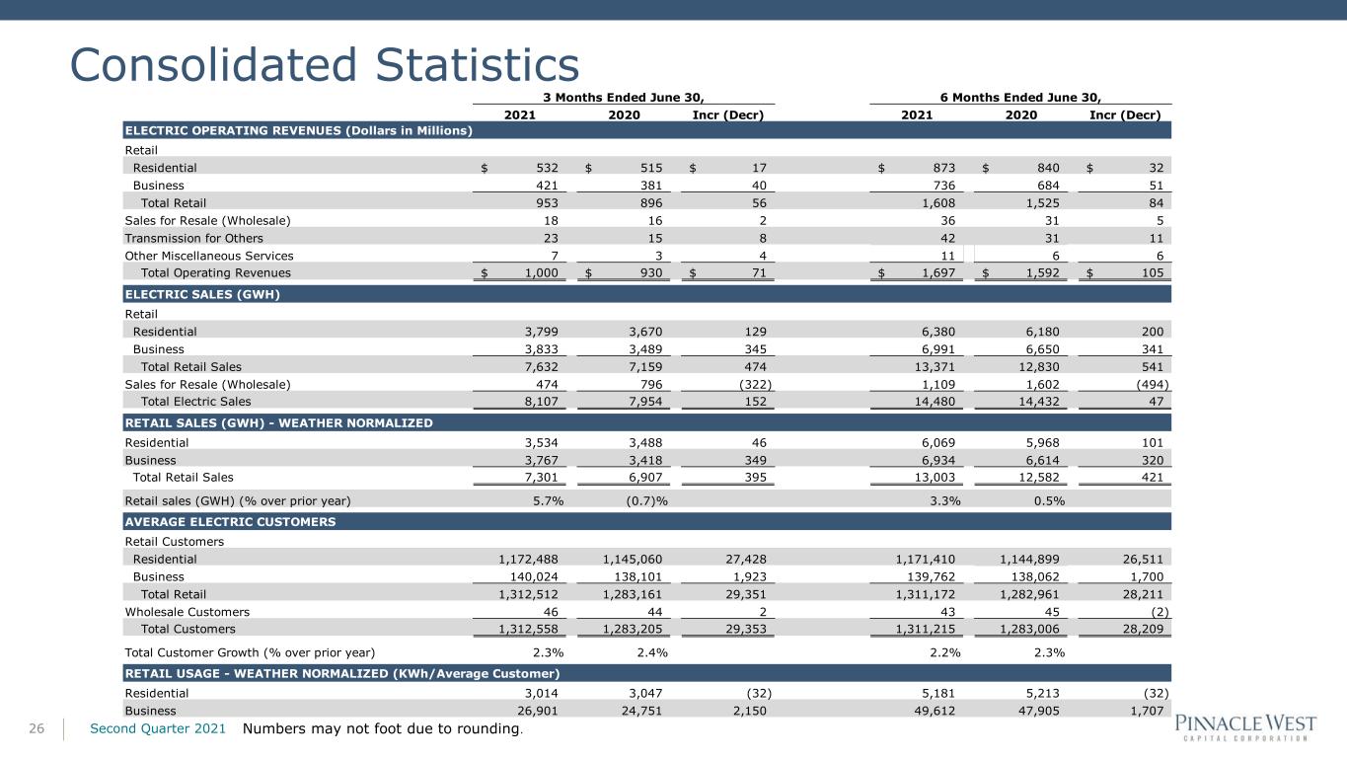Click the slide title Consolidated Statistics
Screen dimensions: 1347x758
325,64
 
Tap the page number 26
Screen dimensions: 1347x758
37,728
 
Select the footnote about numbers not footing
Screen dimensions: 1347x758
383,728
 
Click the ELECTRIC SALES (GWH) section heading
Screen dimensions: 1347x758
202,294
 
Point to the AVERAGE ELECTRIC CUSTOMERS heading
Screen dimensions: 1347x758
230,521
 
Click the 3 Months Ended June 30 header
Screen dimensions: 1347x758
624,98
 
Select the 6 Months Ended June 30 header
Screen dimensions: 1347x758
1020,98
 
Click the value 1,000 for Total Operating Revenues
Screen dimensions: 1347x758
541,273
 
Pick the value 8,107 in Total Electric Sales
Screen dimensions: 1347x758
541,402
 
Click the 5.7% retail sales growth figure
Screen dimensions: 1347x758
548,500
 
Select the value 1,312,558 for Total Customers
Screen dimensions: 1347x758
528,629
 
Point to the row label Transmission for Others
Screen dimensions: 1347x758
193,238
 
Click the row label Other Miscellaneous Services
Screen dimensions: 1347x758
209,256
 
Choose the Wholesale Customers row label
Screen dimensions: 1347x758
187,612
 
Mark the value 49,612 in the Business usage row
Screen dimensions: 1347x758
935,711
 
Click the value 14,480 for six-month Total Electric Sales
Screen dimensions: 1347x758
935,402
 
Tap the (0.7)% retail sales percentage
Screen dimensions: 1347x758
646,500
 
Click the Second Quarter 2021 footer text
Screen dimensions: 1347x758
158,728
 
